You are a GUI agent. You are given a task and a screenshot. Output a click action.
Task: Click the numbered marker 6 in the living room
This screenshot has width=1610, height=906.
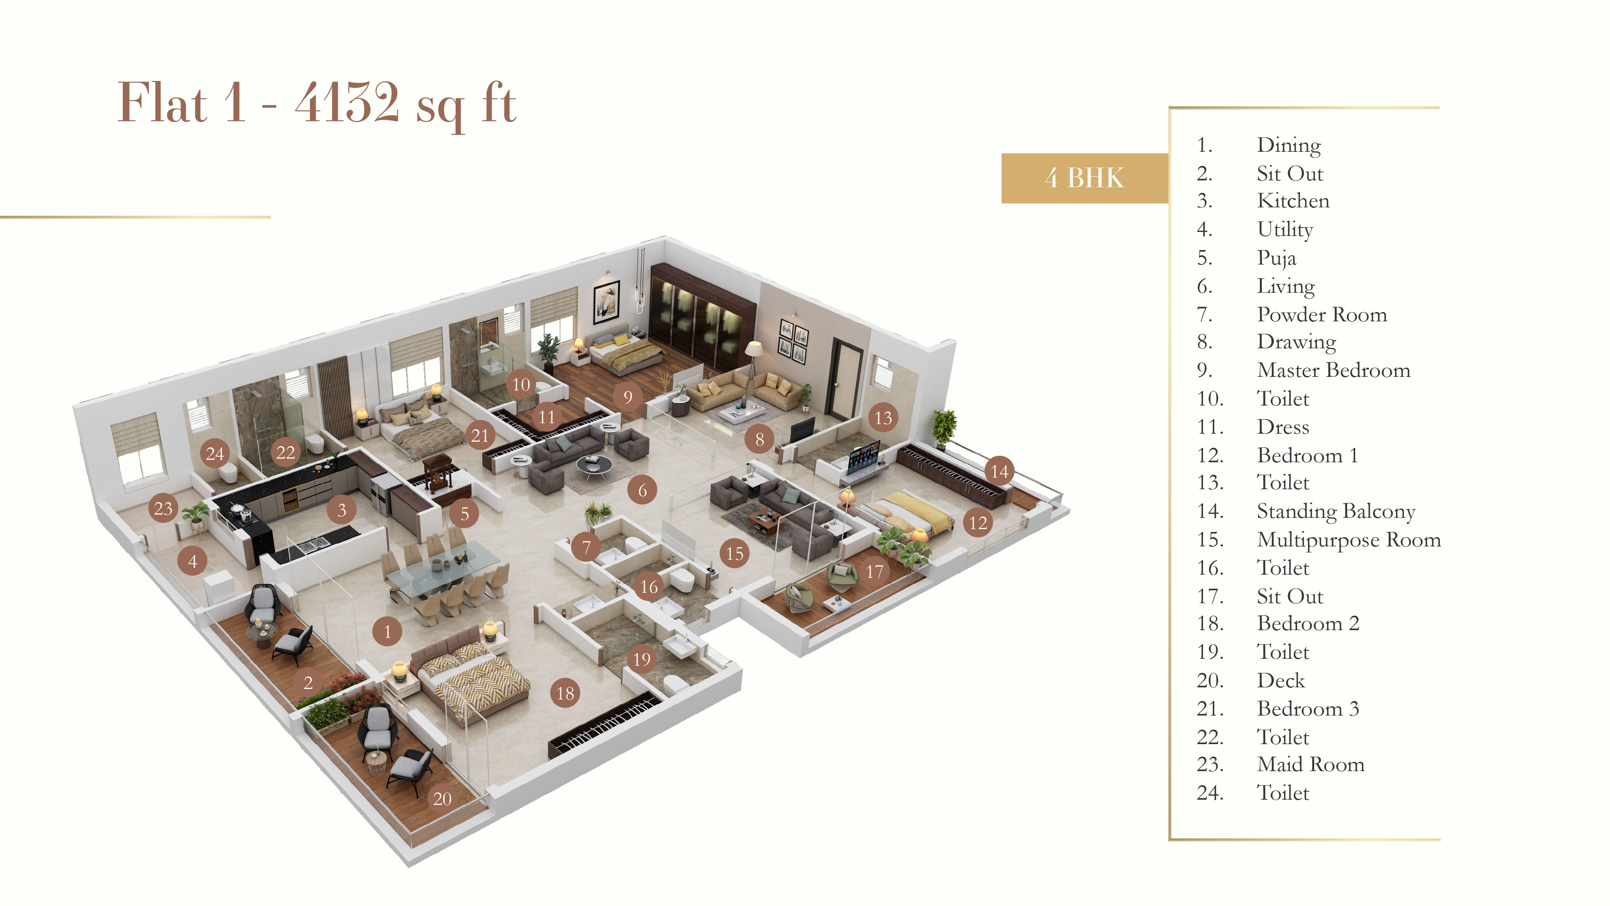point(642,490)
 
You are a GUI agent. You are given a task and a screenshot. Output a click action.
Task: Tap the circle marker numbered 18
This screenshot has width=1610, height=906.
point(565,693)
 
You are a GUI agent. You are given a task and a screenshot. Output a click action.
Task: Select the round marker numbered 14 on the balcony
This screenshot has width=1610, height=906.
point(999,471)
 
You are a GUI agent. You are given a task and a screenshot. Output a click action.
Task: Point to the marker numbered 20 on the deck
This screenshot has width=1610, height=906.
point(442,798)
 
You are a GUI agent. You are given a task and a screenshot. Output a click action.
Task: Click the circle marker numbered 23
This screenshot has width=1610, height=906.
point(163,508)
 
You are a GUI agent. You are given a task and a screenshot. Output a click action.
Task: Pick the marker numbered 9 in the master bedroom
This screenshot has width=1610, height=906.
point(627,396)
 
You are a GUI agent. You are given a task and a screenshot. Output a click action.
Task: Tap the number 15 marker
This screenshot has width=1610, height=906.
point(735,553)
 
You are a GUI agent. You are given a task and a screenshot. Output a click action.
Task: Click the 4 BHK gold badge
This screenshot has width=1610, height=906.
point(1084,178)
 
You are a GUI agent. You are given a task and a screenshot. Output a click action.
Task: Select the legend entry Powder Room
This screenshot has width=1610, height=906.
point(1321,314)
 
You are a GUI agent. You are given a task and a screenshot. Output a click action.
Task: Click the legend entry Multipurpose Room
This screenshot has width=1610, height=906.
point(1348,539)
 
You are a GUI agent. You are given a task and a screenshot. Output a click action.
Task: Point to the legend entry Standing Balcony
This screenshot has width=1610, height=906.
point(1335,511)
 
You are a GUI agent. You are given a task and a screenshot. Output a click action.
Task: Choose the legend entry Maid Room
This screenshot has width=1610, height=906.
point(1310,764)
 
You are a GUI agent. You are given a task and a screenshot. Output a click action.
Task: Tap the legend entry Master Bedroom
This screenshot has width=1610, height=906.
point(1333,370)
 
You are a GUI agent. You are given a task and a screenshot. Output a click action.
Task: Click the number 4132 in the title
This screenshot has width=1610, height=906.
point(347,103)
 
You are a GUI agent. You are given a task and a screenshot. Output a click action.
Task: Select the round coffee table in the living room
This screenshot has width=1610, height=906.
point(594,464)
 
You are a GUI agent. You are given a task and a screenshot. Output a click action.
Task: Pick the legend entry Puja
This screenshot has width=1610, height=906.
point(1276,258)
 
